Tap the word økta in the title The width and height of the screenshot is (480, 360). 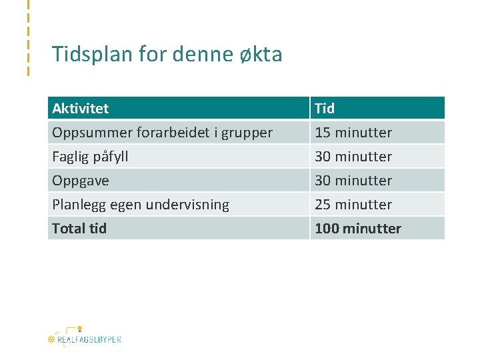click(261, 54)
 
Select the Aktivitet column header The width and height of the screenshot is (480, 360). click(80, 108)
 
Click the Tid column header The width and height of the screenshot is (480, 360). click(325, 108)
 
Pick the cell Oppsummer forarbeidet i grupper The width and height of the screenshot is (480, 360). click(162, 133)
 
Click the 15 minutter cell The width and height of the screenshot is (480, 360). click(353, 133)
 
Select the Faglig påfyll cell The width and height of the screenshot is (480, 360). click(90, 157)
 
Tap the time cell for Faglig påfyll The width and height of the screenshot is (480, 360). click(353, 157)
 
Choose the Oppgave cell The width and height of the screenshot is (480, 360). click(80, 181)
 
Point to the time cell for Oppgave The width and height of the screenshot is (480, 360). click(353, 181)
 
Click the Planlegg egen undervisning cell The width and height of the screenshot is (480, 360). click(140, 205)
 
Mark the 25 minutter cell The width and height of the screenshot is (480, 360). click(353, 205)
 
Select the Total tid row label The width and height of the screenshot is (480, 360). click(79, 229)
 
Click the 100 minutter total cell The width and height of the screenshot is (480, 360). click(358, 229)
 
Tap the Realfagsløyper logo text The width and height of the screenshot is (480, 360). click(89, 339)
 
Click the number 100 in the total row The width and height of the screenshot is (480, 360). click(327, 229)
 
